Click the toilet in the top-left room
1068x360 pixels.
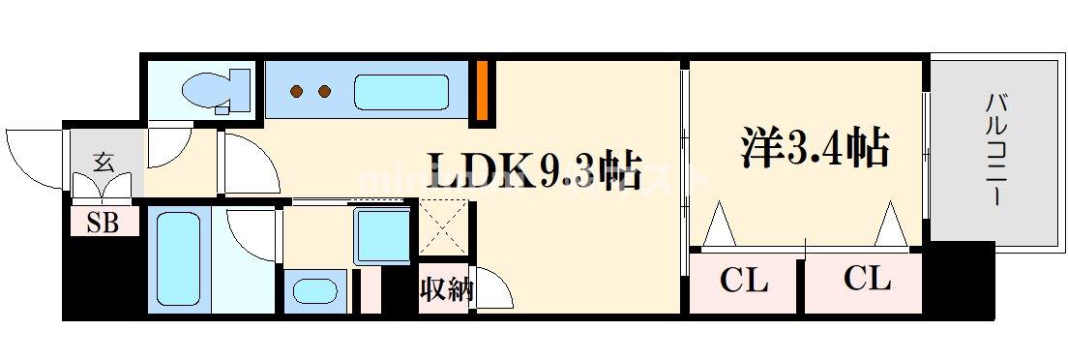tap(206, 92)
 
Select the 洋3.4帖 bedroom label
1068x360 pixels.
tap(815, 149)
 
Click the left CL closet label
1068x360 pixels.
tap(743, 282)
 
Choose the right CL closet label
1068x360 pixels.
tap(867, 280)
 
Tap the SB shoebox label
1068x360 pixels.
tap(103, 223)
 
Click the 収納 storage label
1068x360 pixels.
tap(445, 289)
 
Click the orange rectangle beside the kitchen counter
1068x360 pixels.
tap(481, 91)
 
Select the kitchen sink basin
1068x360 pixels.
tap(400, 93)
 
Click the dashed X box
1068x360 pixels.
tap(445, 232)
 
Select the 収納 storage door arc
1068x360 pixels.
tap(491, 287)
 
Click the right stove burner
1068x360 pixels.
tap(324, 93)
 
